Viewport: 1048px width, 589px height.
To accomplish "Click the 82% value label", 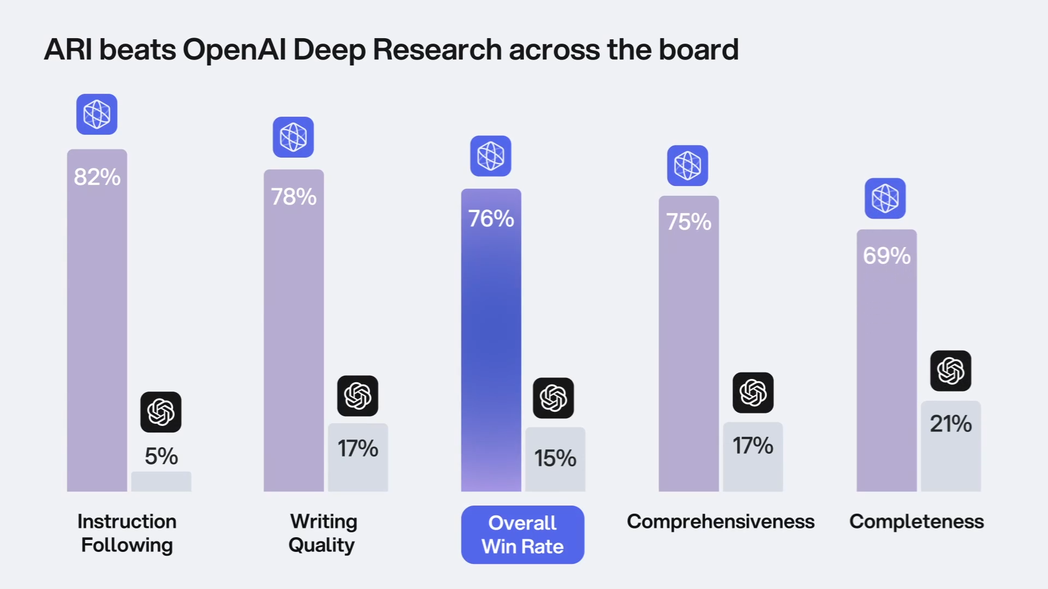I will (97, 177).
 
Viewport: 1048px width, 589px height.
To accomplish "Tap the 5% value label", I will (161, 456).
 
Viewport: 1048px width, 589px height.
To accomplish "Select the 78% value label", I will (294, 196).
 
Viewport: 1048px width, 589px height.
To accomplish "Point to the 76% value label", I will (491, 219).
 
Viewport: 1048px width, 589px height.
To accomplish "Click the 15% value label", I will (555, 458).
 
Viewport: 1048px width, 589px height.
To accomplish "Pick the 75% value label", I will (689, 222).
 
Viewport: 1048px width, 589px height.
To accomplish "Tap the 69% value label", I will (886, 256).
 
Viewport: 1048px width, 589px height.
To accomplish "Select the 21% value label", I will (951, 424).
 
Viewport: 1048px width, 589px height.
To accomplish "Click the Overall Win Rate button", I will (522, 534).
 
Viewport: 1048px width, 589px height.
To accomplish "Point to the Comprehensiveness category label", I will (720, 521).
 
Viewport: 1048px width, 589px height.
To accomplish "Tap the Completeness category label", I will (916, 521).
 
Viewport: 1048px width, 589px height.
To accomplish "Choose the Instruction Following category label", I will (127, 533).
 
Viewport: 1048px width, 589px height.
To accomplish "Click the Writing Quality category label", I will (323, 533).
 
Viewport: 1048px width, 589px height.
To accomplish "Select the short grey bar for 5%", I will (161, 482).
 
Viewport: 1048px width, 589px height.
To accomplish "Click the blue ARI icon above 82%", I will (97, 114).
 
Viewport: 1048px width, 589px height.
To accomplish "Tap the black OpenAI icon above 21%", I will (950, 371).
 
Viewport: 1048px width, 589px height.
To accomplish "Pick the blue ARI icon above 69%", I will (885, 198).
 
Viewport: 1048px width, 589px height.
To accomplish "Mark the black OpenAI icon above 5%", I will (161, 412).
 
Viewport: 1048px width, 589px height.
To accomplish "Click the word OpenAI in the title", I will (234, 50).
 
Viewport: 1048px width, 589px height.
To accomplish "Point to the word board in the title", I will (698, 50).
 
